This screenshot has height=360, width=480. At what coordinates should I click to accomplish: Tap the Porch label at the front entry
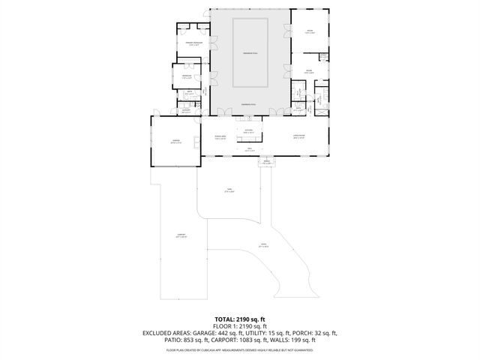click(265, 161)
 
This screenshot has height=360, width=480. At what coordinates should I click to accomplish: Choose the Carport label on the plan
click(181, 236)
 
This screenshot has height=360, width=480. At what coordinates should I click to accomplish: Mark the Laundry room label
click(184, 110)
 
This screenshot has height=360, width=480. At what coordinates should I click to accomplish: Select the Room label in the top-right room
click(309, 31)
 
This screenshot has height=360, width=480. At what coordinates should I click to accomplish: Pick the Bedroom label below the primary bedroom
click(185, 76)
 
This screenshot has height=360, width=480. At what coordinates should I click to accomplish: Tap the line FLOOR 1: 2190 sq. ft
click(240, 326)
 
